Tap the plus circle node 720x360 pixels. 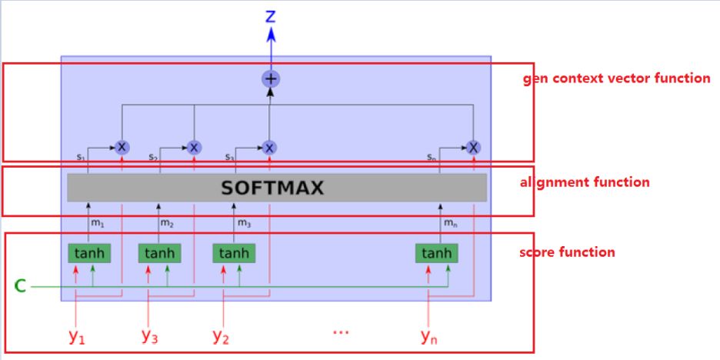tap(270, 78)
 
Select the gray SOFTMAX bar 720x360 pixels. tap(277, 188)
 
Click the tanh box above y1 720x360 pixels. tap(88, 253)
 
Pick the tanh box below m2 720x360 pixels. tap(158, 253)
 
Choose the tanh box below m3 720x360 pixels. tap(233, 253)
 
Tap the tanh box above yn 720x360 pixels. tap(436, 253)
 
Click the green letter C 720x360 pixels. tap(21, 287)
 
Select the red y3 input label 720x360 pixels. tap(149, 335)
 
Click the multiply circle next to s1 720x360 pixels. tap(121, 147)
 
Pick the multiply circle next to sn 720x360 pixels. tap(473, 147)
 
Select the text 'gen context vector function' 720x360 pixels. tap(616, 78)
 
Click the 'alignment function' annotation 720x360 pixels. tap(585, 182)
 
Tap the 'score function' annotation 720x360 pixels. tap(567, 252)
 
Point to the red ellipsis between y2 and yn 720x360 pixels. tap(340, 332)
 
